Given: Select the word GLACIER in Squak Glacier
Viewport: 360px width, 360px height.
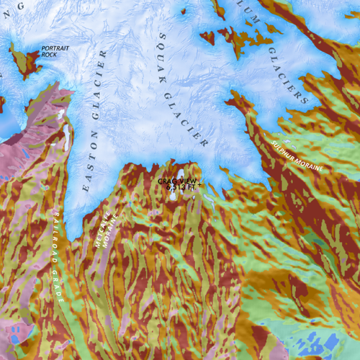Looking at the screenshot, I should [186, 116].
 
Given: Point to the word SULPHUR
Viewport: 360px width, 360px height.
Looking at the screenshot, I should [282, 146].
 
